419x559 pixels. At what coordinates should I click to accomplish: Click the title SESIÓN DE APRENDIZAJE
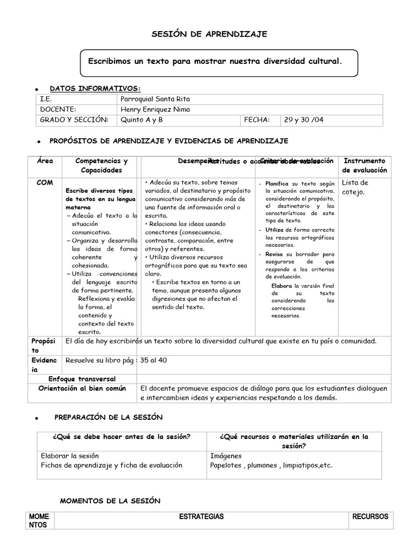pos(209,34)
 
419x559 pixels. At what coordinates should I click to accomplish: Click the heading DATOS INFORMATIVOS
pos(95,88)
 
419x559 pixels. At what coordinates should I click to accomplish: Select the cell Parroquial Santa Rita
pos(155,99)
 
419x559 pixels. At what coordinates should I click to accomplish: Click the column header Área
pos(45,162)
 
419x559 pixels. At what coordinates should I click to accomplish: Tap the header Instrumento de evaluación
pos(364,165)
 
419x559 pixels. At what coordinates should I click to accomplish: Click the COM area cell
pos(45,183)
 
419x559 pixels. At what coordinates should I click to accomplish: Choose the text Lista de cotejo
pos(355,187)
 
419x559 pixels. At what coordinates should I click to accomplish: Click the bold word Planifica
pos(277,184)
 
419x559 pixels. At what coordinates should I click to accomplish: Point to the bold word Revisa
pos(274,254)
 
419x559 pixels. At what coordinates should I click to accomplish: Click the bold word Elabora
pos(282,286)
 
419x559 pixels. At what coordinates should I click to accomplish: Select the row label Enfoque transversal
pos(82,379)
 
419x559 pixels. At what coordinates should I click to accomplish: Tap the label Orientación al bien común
pos(82,389)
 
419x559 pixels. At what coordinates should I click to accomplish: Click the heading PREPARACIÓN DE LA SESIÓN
pos(109,417)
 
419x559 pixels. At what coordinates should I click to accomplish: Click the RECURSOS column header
pos(370,516)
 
